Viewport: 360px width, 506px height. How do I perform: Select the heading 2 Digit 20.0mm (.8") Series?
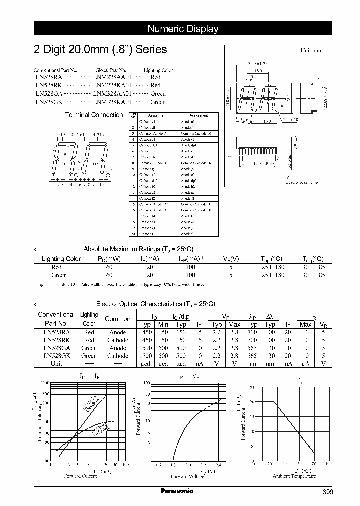coord(100,50)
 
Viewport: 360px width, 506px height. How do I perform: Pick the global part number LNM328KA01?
coord(112,102)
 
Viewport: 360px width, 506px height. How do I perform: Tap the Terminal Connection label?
coord(94,115)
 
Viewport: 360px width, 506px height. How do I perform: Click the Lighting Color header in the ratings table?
coord(61,259)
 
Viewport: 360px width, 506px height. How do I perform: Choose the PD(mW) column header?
coord(109,259)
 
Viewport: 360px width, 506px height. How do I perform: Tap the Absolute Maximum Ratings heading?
coord(138,249)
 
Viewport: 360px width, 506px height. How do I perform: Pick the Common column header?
coord(118,319)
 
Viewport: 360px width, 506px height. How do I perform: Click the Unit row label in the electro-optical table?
coord(56,363)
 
